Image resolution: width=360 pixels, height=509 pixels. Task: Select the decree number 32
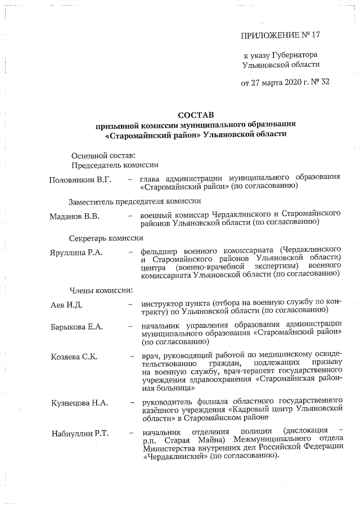point(325,83)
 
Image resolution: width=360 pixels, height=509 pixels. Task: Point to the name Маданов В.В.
point(75,215)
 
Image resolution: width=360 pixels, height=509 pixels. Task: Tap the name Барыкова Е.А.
point(76,327)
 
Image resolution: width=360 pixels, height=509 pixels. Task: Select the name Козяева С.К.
point(74,357)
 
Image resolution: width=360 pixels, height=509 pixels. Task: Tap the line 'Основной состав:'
point(103,155)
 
